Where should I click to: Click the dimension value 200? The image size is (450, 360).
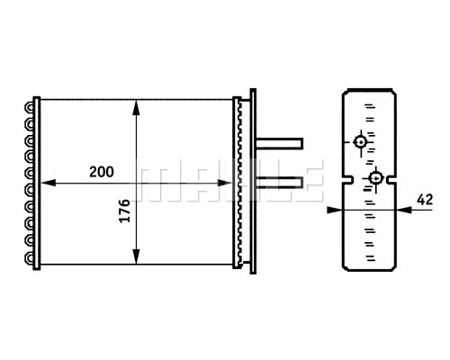point(101,171)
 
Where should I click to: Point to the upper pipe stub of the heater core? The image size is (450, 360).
point(280,143)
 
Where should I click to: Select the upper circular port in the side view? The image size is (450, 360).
point(360,142)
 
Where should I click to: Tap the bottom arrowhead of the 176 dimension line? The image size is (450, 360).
point(137,258)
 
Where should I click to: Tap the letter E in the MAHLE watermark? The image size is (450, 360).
point(306,183)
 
